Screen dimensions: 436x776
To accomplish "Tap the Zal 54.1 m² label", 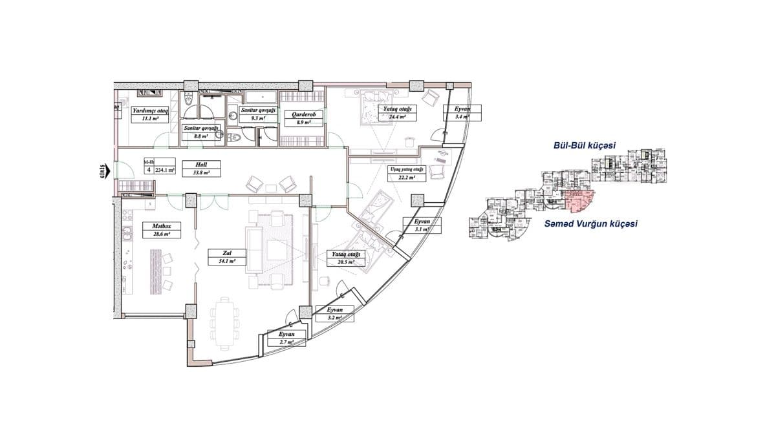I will (x=222, y=257).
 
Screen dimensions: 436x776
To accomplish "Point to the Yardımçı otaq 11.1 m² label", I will (x=151, y=115).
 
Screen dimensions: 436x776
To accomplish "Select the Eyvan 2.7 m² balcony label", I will (x=286, y=338).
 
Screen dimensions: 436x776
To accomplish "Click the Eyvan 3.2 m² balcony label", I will (x=335, y=314).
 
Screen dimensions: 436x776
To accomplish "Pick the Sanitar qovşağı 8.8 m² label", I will (x=201, y=132).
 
